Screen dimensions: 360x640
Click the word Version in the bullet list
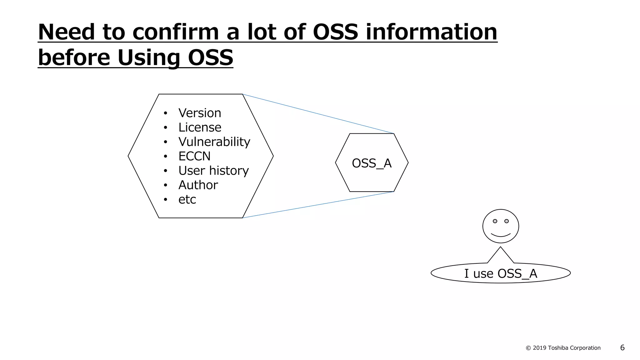pos(199,113)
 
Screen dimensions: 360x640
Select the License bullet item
pos(199,127)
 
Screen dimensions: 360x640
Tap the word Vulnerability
pos(214,142)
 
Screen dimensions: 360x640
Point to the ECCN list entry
pos(194,156)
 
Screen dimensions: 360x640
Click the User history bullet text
pos(213,171)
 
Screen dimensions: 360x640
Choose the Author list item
pos(198,185)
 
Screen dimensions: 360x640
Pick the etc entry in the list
pos(187,200)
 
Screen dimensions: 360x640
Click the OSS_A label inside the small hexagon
pos(372,163)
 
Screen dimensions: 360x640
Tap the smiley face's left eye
pos(495,221)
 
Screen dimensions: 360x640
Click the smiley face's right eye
pos(507,221)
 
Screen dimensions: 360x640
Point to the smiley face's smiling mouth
pos(501,235)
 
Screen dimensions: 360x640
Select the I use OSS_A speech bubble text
pos(501,273)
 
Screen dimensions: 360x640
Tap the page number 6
pos(622,348)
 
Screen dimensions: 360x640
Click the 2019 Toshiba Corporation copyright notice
pos(563,348)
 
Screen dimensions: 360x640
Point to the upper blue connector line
pos(318,114)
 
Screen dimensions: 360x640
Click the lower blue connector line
pos(318,205)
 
